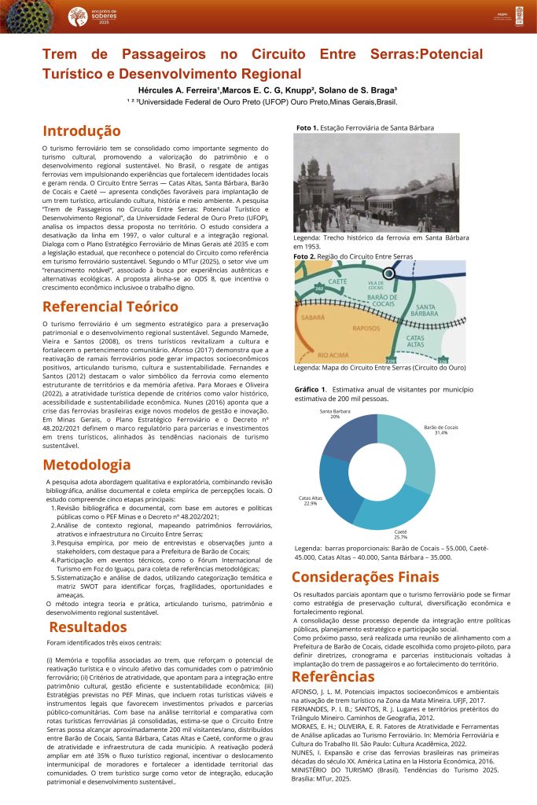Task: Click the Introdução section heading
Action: [x=82, y=131]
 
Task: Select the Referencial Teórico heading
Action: [x=110, y=307]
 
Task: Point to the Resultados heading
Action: [x=87, y=627]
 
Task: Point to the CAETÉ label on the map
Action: [x=337, y=281]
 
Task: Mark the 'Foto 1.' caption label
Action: [x=307, y=127]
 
